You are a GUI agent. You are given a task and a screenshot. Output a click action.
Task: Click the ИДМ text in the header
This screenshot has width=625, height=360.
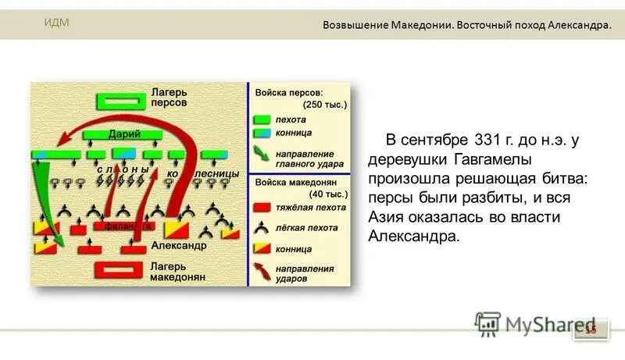[x=56, y=22]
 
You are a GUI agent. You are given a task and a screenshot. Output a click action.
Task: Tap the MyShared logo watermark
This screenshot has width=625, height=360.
[x=533, y=323]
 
